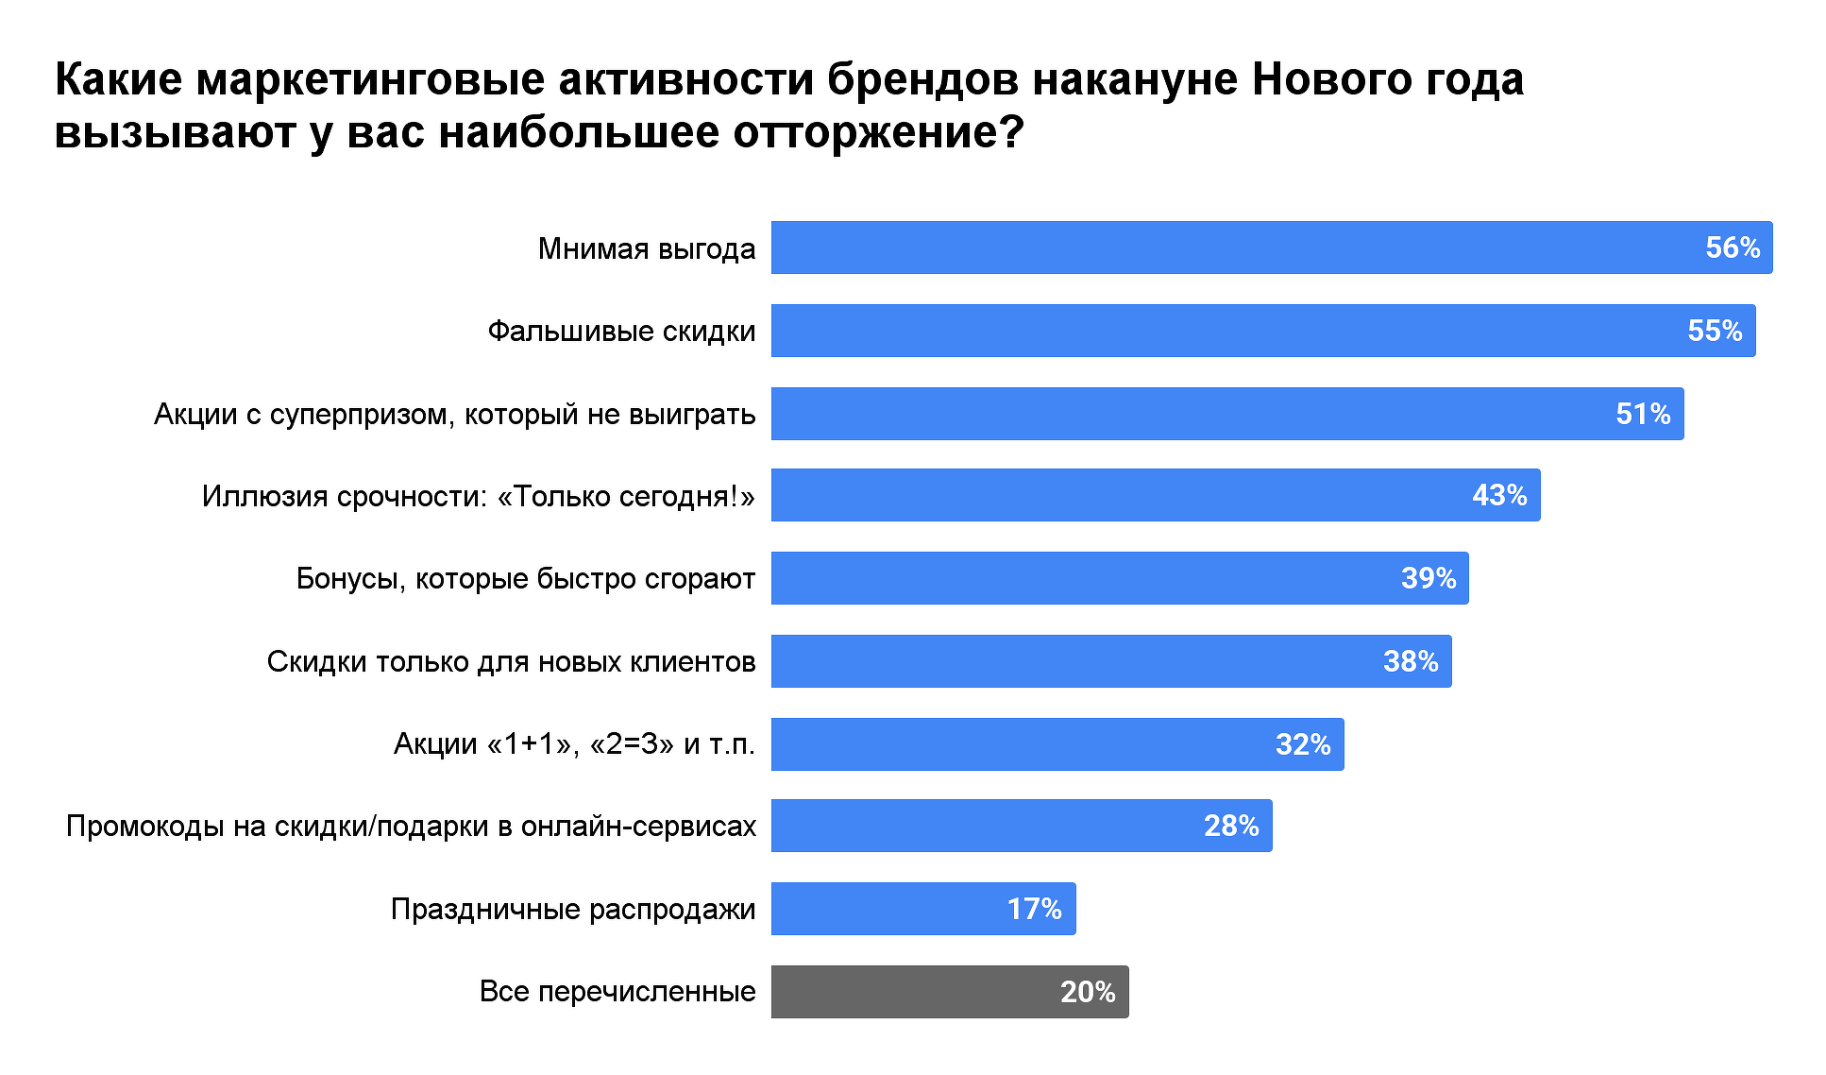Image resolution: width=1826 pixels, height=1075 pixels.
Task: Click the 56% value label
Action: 1732,247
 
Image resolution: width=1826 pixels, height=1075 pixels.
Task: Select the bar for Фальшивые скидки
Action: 1227,331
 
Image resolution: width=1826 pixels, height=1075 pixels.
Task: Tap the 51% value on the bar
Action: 1642,414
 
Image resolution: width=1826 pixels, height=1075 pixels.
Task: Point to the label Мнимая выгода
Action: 647,248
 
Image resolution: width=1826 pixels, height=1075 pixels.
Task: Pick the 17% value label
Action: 1034,909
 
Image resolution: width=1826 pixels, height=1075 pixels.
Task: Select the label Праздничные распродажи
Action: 573,909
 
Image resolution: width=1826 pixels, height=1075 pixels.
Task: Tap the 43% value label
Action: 1498,495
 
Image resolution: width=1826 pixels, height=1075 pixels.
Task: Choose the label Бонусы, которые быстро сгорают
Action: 526,578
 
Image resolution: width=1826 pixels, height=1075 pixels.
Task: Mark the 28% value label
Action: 1230,826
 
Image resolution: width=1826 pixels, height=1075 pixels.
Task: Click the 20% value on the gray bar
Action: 1087,992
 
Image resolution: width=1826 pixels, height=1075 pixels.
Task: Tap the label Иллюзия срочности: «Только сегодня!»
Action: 479,496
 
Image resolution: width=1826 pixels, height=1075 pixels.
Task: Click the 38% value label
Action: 1410,661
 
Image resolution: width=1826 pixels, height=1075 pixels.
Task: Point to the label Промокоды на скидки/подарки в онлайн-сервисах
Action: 411,827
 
